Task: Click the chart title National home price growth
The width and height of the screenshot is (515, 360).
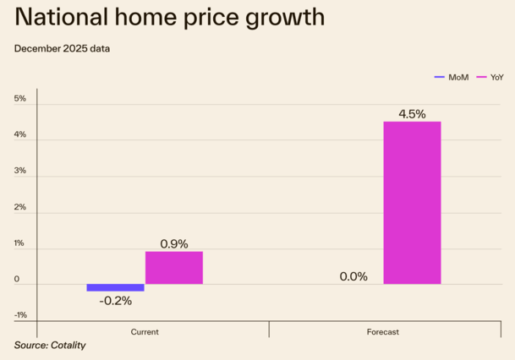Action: (169, 18)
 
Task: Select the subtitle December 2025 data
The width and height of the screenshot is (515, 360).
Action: (62, 48)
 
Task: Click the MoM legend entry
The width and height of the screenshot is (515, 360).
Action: (452, 77)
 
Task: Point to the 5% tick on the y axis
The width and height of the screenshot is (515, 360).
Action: (20, 99)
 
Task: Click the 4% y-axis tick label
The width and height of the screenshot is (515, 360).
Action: (20, 135)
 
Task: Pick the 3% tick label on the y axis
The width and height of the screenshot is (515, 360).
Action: (20, 171)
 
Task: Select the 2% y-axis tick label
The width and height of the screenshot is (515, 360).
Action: (20, 207)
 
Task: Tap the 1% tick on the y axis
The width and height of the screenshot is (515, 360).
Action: (20, 243)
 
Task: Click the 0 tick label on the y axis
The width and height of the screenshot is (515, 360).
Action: (17, 279)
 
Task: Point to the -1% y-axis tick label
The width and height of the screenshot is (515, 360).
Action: (20, 315)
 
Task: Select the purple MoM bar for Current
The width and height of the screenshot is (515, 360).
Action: (116, 287)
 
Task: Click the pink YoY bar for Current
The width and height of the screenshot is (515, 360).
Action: (174, 268)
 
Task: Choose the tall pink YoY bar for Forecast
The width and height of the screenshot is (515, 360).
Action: (412, 203)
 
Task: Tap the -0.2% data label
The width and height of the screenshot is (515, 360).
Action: (115, 301)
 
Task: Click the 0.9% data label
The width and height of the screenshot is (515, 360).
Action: (174, 243)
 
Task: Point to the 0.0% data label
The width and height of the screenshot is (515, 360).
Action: (353, 276)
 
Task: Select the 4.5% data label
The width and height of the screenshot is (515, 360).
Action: (412, 114)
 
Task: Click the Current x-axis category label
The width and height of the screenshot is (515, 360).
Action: (145, 332)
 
